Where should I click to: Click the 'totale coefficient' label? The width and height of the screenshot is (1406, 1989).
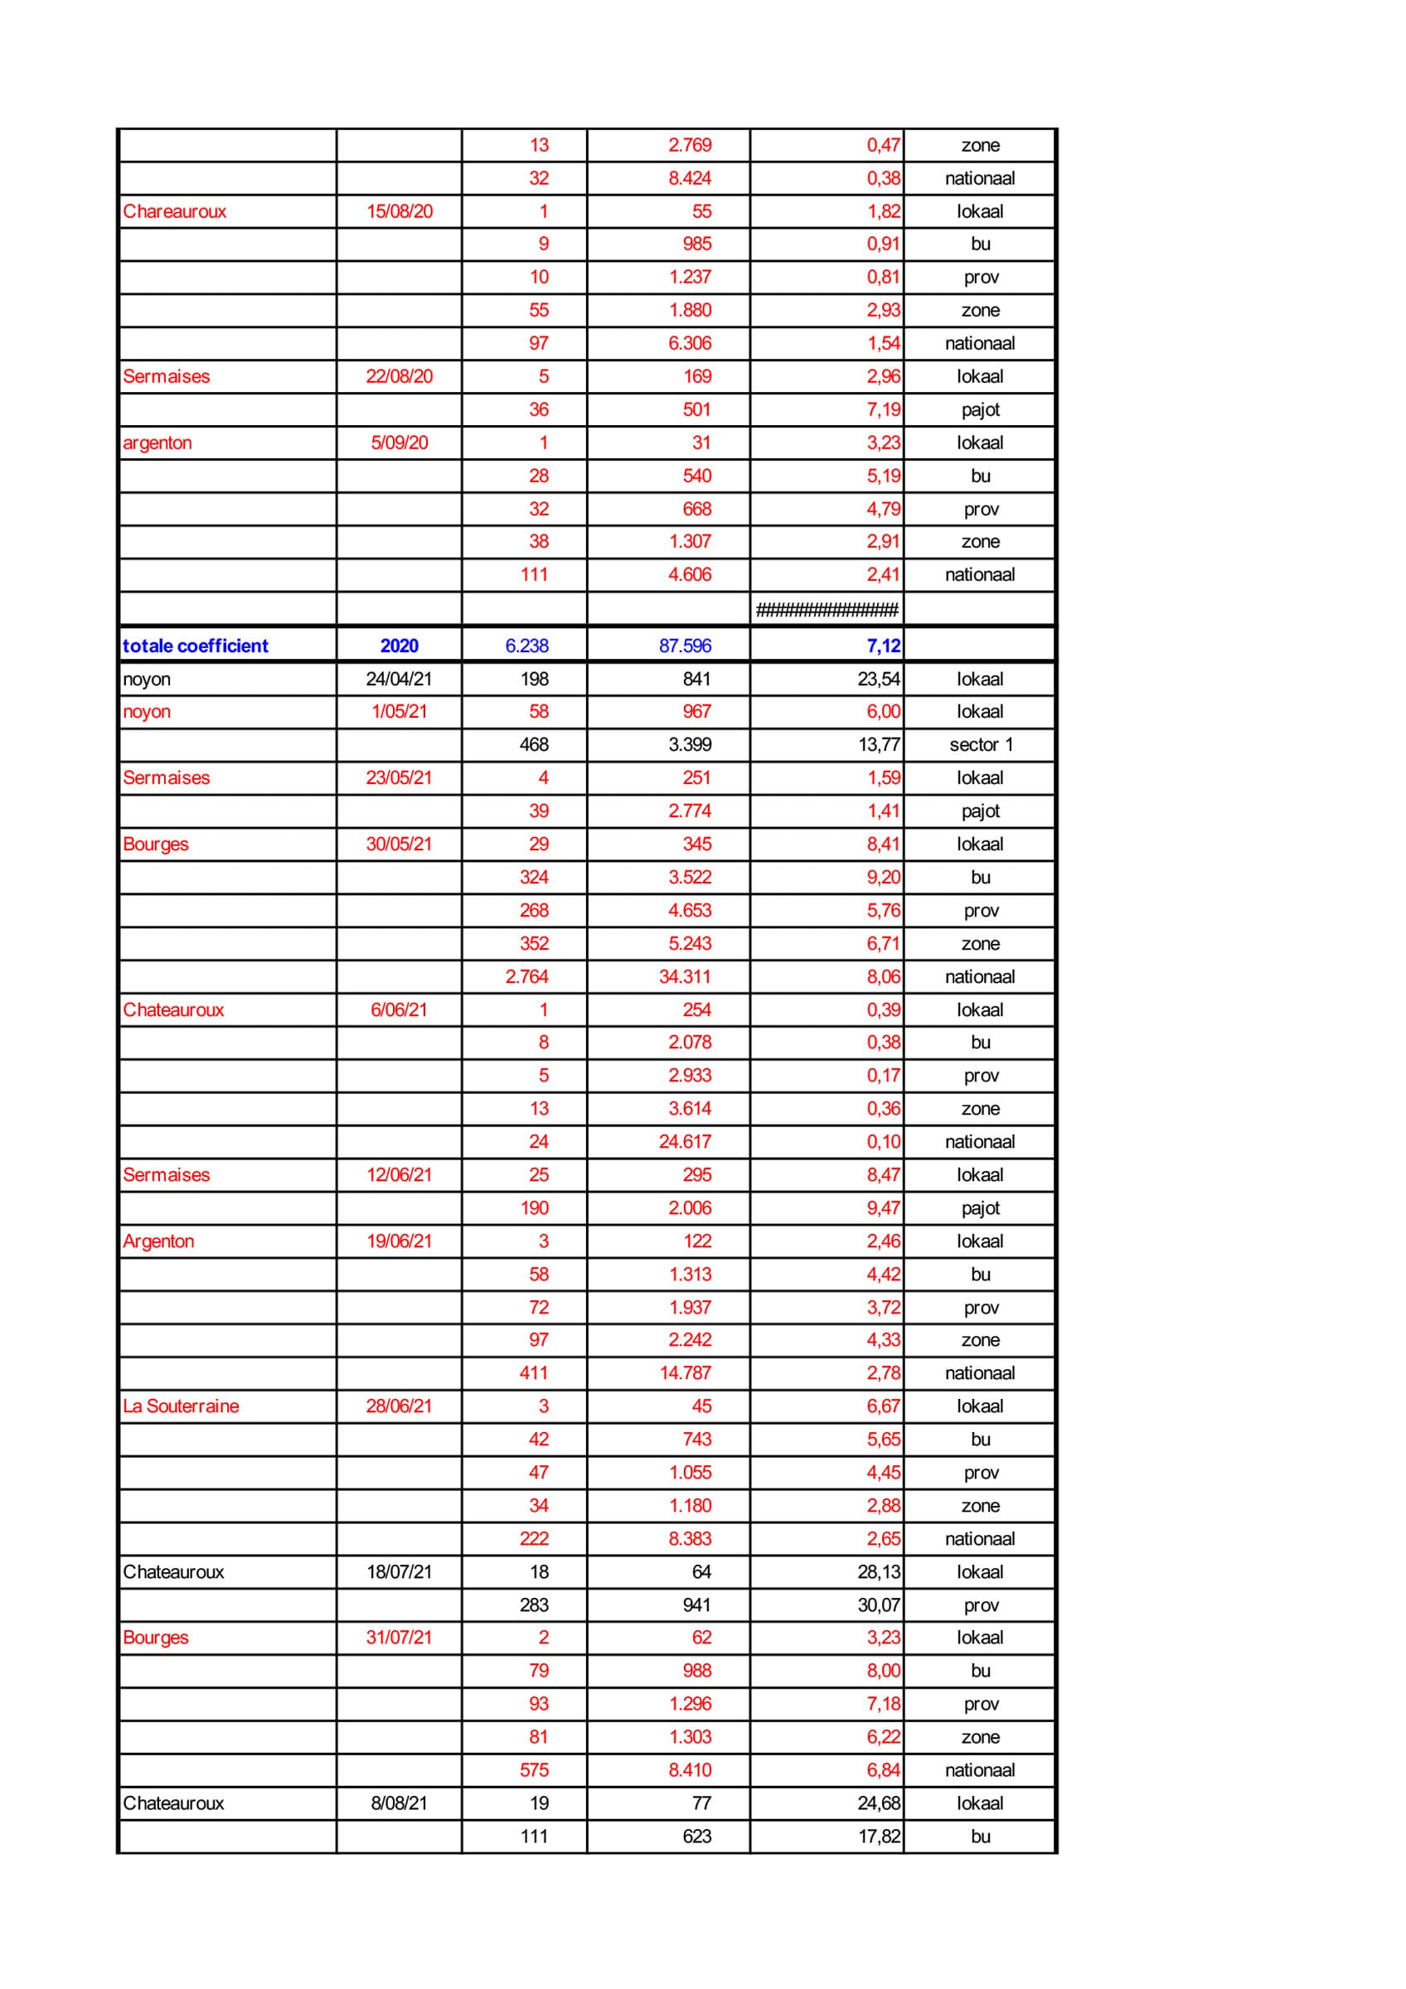click(195, 646)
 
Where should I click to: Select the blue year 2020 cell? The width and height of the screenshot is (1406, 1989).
click(399, 646)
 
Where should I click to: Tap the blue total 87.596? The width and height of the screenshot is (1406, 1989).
click(685, 646)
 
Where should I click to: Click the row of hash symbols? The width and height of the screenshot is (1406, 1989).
click(827, 610)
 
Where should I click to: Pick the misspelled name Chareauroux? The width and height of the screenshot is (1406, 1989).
click(174, 211)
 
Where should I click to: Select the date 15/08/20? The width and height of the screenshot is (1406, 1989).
click(399, 211)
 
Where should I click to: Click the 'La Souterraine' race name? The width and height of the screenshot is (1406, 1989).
click(180, 1406)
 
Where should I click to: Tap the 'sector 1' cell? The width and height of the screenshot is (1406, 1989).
click(980, 744)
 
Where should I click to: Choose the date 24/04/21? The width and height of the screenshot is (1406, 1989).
click(399, 680)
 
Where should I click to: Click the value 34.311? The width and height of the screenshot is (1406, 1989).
click(685, 976)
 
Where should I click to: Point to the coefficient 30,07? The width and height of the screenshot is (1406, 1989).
click(879, 1605)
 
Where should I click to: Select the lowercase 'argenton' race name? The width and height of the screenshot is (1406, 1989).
click(157, 443)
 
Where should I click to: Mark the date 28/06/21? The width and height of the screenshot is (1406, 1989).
click(399, 1406)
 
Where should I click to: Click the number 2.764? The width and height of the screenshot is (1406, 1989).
click(526, 976)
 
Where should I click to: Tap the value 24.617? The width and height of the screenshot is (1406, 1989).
click(685, 1142)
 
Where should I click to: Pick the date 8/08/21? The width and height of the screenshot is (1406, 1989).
click(399, 1803)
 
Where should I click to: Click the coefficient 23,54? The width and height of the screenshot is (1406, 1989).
click(879, 680)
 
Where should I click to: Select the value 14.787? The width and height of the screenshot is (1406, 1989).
click(685, 1373)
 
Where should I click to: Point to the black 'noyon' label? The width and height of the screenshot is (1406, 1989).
click(147, 680)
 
